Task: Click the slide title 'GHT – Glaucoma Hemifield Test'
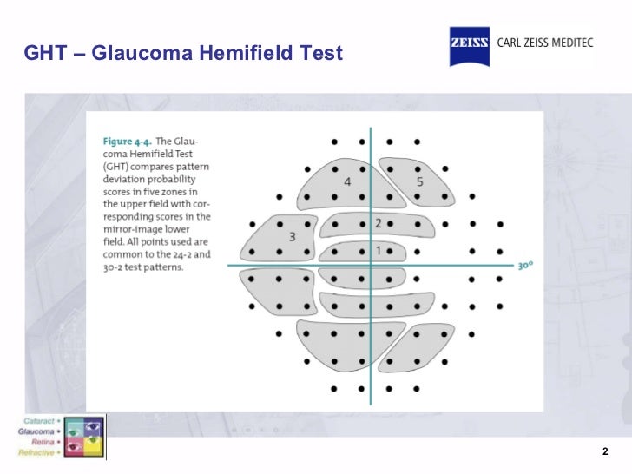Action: pos(183,54)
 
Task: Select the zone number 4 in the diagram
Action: pos(347,181)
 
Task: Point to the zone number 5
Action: pos(419,181)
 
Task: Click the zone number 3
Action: pos(293,236)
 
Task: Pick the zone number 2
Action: pos(378,223)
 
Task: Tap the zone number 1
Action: pos(378,250)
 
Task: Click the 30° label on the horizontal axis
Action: pos(524,267)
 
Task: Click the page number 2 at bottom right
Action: pos(605,452)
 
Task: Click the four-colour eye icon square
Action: pos(82,437)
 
